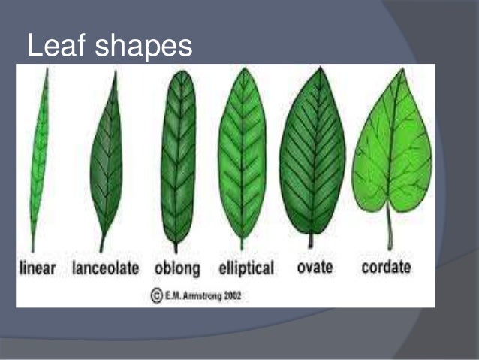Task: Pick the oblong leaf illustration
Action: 177,154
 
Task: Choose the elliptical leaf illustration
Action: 242,154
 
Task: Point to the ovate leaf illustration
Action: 312,150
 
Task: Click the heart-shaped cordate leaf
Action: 391,147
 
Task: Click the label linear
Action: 38,268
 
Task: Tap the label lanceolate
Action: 106,268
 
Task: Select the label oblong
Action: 177,268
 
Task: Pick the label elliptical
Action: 246,268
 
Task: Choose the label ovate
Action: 315,267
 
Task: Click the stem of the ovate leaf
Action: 310,241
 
